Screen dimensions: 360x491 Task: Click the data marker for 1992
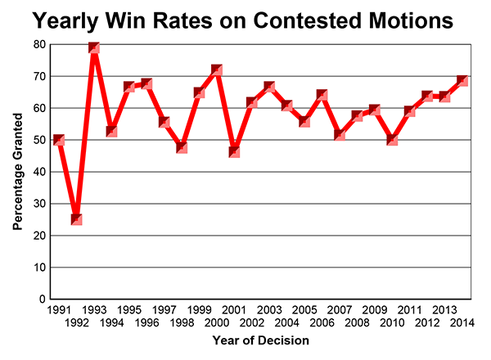coord(76,219)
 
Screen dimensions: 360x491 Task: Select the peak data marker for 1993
coord(94,47)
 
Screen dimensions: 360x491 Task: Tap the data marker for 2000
coord(218,70)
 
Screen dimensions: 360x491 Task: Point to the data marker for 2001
coord(235,151)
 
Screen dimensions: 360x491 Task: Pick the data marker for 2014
coord(462,80)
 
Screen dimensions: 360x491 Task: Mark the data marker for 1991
coord(58,140)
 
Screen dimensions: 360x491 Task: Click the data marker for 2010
coord(392,140)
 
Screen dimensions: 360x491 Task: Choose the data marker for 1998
coord(182,147)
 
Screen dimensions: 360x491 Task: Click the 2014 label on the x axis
coord(462,322)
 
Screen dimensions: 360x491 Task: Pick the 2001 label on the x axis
coord(234,310)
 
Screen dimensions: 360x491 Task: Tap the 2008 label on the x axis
coord(357,322)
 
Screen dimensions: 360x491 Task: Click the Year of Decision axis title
coord(260,340)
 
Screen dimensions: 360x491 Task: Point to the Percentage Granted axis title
coord(18,172)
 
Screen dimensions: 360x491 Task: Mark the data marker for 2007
coord(340,134)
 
